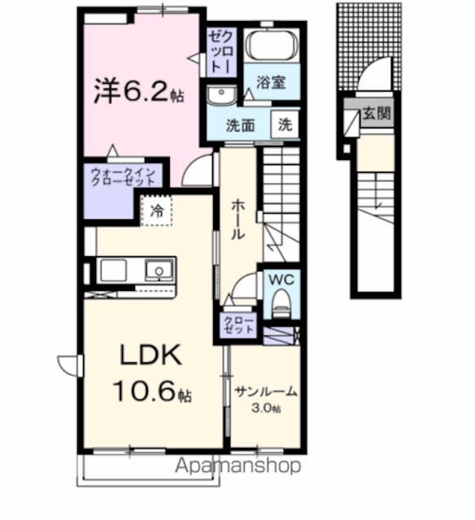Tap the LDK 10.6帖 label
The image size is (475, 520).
[151, 375]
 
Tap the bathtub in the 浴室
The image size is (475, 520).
[272, 45]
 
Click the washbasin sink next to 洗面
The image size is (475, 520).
[220, 96]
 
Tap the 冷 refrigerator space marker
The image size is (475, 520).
[156, 210]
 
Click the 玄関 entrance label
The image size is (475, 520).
[377, 113]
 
